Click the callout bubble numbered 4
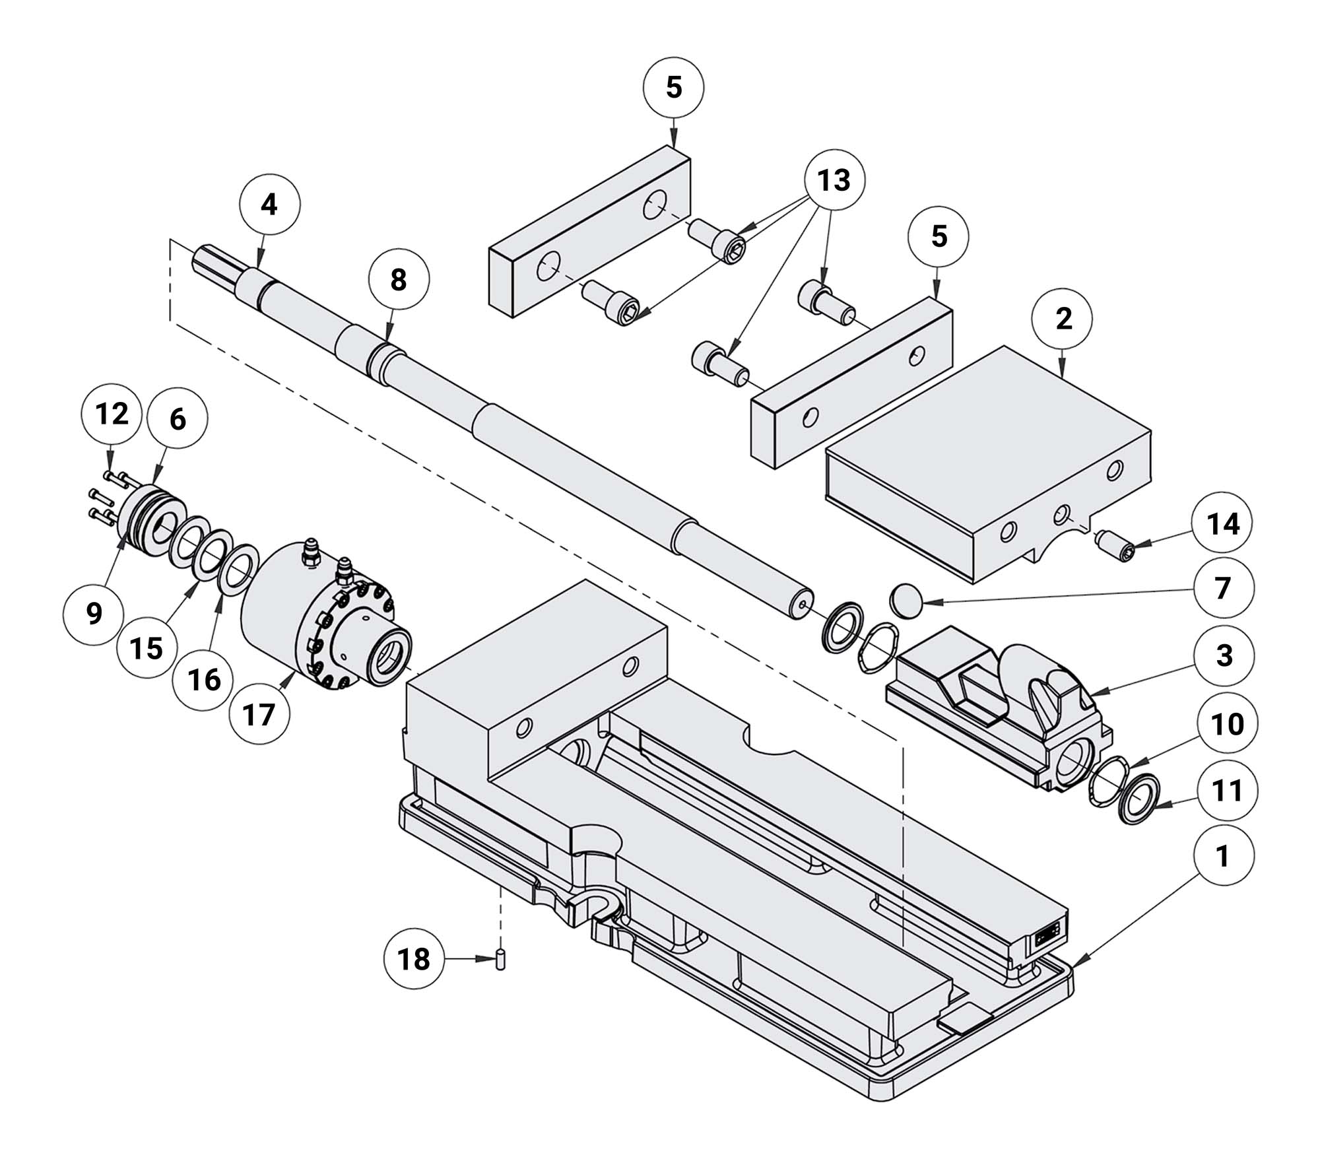[269, 205]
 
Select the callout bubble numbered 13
[834, 180]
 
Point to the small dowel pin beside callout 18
[501, 958]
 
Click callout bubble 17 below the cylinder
[259, 714]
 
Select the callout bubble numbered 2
[1063, 319]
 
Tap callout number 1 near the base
[1222, 856]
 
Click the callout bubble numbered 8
[398, 280]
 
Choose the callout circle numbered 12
[111, 414]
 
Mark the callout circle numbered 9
[94, 614]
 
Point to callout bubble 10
[1227, 724]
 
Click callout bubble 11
[1227, 791]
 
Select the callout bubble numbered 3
[1224, 655]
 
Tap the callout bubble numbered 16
[203, 680]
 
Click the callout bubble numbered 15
[147, 648]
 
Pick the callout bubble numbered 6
[178, 420]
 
